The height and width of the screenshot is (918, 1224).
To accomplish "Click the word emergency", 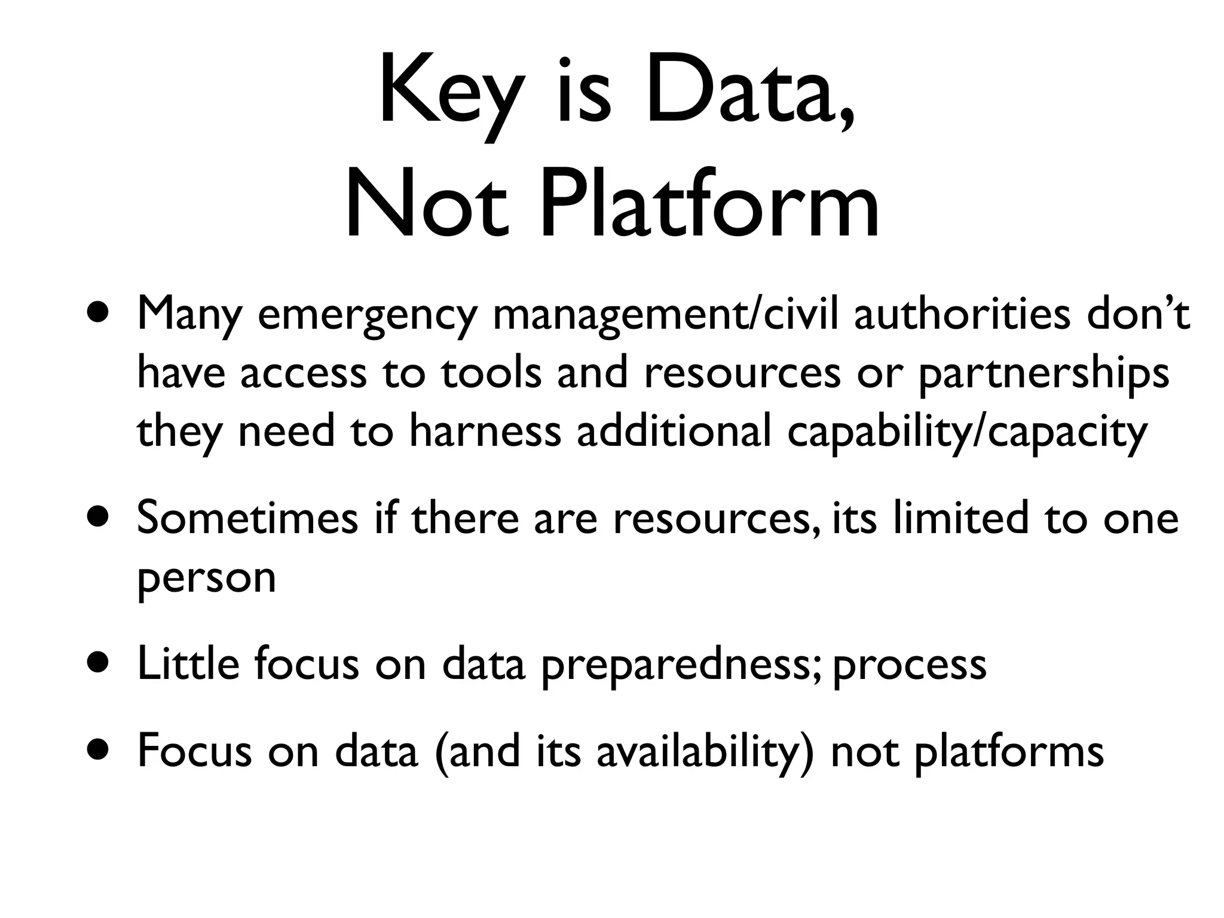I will [368, 316].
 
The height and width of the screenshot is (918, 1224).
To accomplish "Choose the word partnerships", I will [1043, 374].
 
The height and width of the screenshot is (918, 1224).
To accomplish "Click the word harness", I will [485, 432].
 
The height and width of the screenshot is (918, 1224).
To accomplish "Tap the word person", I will [207, 579].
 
